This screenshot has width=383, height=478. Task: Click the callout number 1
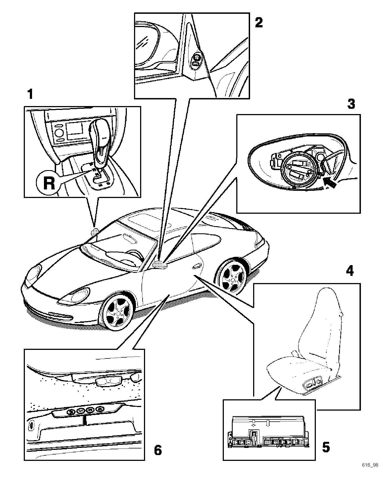[x=30, y=94]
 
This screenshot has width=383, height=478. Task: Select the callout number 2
[x=259, y=23]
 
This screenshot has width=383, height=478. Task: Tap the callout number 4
[x=350, y=271]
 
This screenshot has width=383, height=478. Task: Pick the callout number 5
[x=326, y=447]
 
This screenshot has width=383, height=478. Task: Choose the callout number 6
[x=158, y=450]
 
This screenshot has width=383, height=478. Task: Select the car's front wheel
[x=118, y=311]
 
